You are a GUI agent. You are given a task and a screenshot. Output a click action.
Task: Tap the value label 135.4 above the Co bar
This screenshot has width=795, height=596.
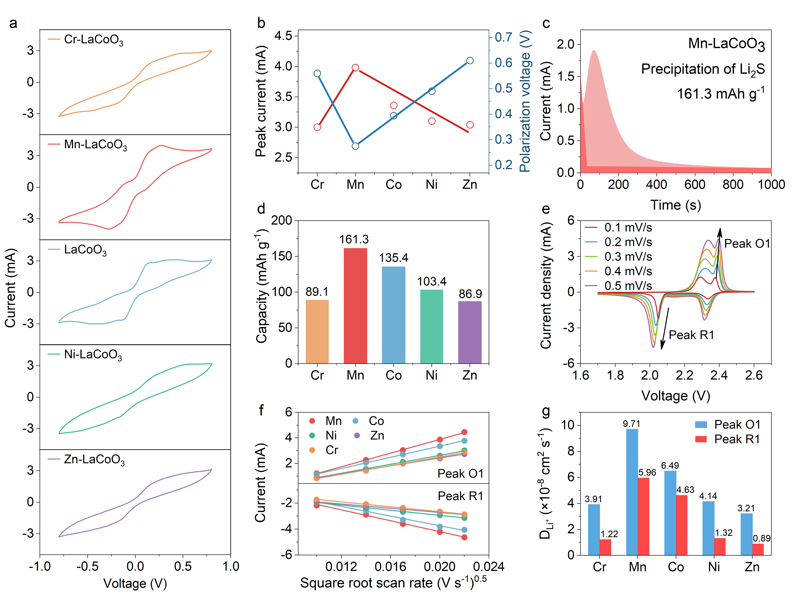[x=394, y=258]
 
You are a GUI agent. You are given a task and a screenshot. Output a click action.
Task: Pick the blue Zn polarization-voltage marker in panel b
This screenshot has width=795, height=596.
[x=470, y=60]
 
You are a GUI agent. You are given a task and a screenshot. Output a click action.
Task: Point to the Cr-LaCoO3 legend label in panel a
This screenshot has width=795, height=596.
[x=93, y=39]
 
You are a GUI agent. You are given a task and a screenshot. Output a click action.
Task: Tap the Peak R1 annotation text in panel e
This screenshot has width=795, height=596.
[x=691, y=335]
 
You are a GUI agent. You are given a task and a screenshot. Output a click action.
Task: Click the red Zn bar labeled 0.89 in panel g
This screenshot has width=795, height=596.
[x=758, y=549]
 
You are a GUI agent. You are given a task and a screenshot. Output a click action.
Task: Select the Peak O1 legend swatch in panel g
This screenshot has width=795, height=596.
[x=701, y=425]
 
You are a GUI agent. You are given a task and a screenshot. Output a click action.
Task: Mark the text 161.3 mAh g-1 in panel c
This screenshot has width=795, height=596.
[x=720, y=94]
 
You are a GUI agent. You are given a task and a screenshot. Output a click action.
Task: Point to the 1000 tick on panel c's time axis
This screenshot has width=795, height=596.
[x=771, y=185]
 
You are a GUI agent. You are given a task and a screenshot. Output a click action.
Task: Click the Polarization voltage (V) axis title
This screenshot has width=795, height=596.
[x=525, y=101]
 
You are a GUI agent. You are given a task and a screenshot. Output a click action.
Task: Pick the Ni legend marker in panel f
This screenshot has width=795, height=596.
[x=312, y=435]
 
